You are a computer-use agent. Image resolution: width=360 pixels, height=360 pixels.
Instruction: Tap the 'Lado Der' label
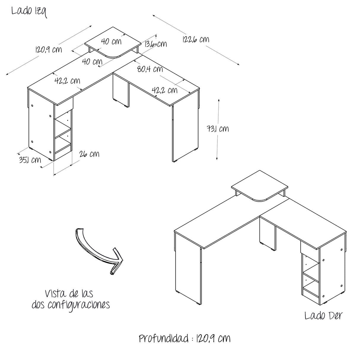click(324, 316)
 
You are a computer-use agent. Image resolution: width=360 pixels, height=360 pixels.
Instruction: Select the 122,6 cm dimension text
click(196, 39)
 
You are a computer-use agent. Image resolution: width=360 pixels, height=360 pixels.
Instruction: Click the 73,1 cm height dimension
click(218, 129)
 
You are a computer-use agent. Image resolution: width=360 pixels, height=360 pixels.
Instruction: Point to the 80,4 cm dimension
click(150, 69)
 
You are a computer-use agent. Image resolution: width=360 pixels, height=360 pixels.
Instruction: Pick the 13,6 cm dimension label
click(155, 44)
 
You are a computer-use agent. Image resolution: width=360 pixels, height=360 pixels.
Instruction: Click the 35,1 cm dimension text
click(30, 160)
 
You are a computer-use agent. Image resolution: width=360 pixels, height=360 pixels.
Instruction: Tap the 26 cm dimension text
click(89, 154)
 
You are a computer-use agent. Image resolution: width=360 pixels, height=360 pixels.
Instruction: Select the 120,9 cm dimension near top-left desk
click(48, 50)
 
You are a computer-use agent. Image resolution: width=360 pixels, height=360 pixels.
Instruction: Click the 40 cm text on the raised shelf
click(111, 41)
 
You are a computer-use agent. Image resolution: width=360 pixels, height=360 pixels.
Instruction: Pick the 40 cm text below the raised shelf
click(92, 61)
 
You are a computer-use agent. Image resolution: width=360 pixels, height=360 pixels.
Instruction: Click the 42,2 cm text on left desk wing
click(67, 81)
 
